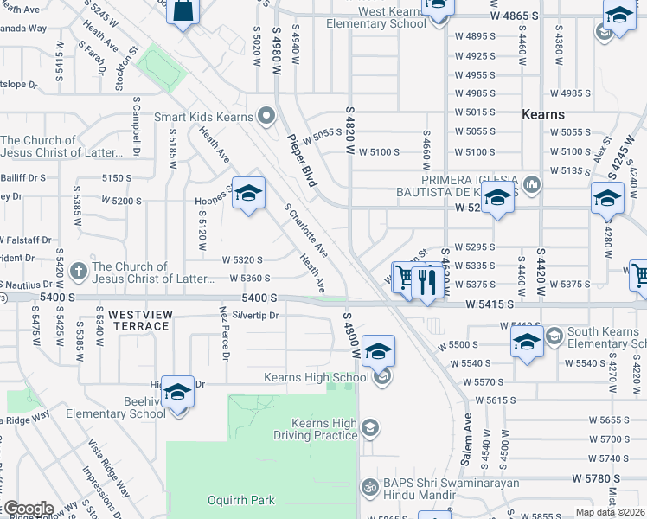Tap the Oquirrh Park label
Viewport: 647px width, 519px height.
[240, 500]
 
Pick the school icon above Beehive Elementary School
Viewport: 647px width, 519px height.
[177, 393]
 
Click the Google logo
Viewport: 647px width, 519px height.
[28, 509]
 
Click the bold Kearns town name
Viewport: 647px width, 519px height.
[543, 114]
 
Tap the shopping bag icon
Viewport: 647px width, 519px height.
[183, 12]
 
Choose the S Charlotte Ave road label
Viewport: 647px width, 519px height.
[305, 230]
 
